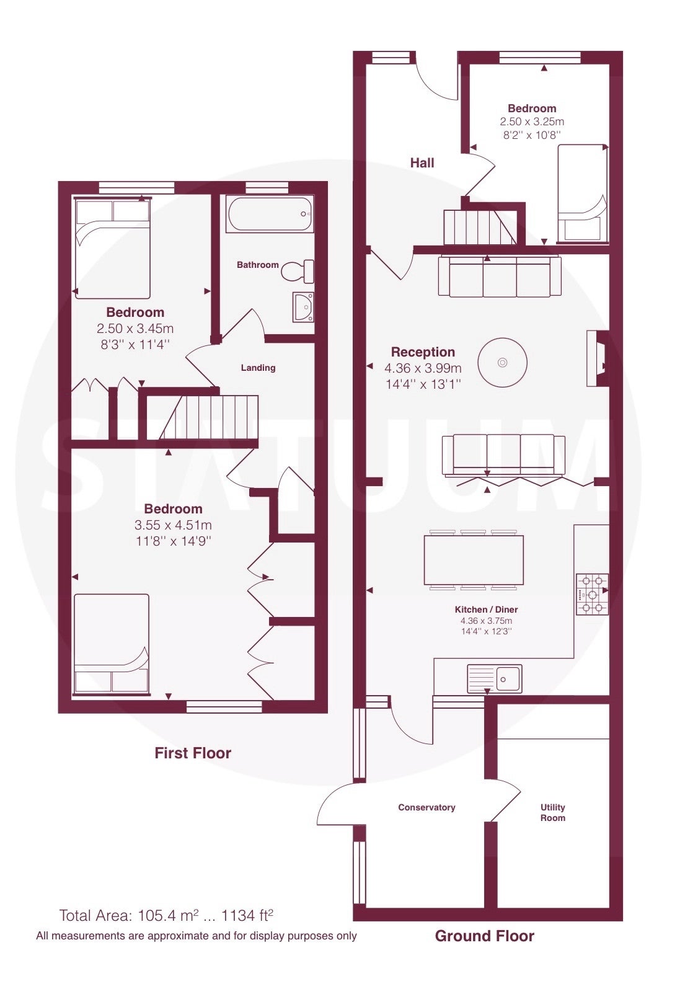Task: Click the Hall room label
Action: (x=422, y=163)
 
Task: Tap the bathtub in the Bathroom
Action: (x=270, y=214)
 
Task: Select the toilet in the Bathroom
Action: (x=298, y=271)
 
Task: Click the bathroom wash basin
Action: (x=303, y=307)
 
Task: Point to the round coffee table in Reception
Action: (x=502, y=363)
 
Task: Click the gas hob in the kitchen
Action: (x=593, y=594)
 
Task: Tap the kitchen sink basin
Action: (x=495, y=678)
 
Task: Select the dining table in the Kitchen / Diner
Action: (x=474, y=560)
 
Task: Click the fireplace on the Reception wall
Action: (x=598, y=358)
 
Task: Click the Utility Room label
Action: (x=553, y=812)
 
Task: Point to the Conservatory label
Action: (x=426, y=807)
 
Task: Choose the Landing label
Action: (x=258, y=368)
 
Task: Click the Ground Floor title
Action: (x=484, y=936)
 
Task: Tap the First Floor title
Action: (x=193, y=753)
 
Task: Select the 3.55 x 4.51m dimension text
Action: (x=173, y=525)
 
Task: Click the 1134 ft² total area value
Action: (x=247, y=915)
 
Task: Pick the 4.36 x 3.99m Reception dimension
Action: (x=423, y=368)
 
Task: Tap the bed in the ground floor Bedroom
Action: (x=582, y=193)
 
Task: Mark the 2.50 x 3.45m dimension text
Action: (x=135, y=329)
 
